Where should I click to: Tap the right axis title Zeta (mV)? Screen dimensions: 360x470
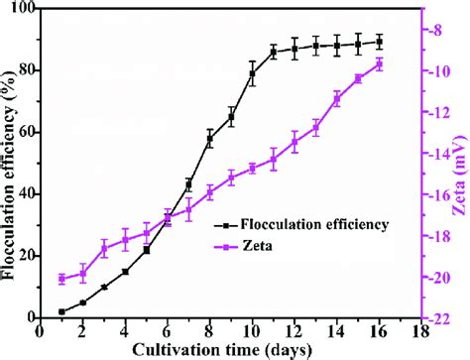click(458, 164)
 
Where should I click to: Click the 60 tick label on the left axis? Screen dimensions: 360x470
click(23, 132)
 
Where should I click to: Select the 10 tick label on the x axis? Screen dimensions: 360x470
click(252, 331)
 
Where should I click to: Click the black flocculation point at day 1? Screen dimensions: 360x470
click(61, 311)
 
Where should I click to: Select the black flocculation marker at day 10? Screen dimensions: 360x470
click(253, 74)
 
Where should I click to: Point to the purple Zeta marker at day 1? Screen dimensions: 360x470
click(61, 279)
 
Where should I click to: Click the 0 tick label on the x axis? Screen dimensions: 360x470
click(41, 331)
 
